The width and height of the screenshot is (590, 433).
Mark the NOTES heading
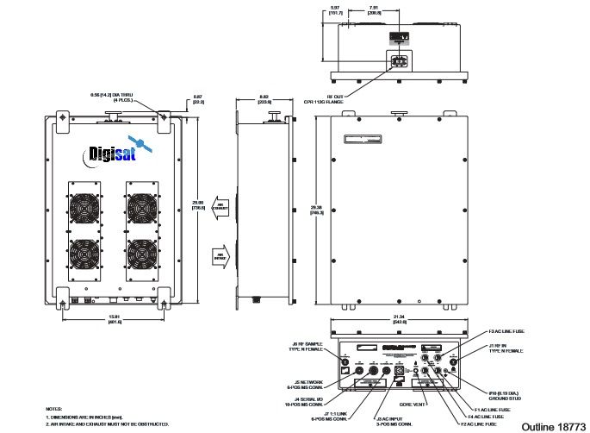(x=54, y=407)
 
